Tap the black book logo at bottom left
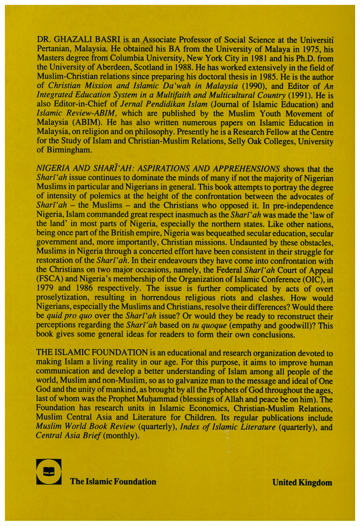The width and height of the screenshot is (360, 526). pyautogui.click(x=49, y=471)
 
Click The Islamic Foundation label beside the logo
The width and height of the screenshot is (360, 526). pyautogui.click(x=113, y=482)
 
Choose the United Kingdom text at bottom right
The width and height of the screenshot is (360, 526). pyautogui.click(x=302, y=482)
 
